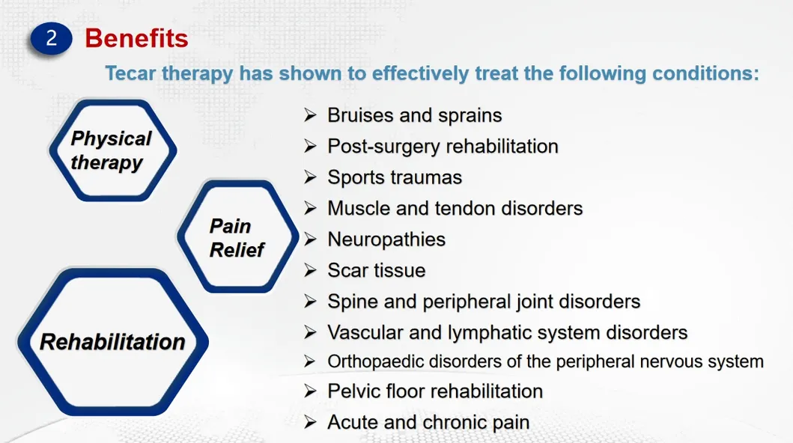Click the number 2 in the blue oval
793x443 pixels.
click(x=51, y=38)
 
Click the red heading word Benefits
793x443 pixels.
click(x=136, y=38)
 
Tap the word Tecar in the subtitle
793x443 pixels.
click(x=132, y=73)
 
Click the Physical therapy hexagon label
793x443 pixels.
click(x=110, y=150)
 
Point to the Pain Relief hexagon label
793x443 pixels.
click(x=236, y=238)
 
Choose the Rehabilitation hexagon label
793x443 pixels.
click(x=112, y=342)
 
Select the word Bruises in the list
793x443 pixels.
click(x=357, y=115)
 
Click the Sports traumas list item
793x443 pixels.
click(x=395, y=177)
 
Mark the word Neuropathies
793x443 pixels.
click(x=386, y=239)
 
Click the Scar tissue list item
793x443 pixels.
click(x=376, y=270)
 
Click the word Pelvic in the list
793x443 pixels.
click(x=353, y=391)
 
